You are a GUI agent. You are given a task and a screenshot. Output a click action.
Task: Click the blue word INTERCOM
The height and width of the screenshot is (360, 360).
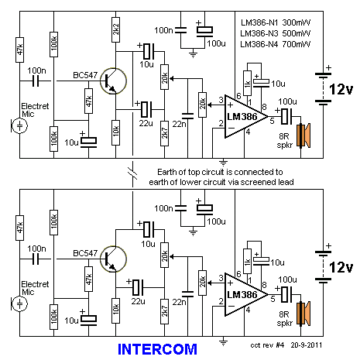pos(157,349)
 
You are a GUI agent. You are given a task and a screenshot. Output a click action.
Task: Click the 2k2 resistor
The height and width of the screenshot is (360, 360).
pos(115,29)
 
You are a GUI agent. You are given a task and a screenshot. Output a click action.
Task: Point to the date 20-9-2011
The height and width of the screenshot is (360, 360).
pos(307,345)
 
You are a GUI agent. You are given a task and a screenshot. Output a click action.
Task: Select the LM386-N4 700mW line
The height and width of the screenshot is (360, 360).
pos(276,44)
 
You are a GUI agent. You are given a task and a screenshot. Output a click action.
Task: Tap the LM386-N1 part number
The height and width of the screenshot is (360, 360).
pos(259,22)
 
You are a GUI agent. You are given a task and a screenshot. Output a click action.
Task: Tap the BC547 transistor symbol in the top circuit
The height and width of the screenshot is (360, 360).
pos(113,81)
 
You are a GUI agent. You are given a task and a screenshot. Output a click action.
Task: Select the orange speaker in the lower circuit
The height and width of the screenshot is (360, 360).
pos(303,314)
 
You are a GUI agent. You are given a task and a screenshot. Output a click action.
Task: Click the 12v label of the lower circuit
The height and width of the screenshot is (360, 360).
pos(341,267)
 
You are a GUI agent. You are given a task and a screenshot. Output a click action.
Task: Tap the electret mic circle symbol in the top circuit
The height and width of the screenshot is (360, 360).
pos(20,126)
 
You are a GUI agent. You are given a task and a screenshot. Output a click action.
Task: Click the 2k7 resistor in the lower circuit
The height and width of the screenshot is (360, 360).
pos(164,311)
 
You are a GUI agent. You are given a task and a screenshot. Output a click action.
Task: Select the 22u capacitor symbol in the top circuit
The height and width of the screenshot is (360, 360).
pos(146,110)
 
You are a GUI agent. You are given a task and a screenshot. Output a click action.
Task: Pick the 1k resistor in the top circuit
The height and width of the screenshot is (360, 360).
pos(247,84)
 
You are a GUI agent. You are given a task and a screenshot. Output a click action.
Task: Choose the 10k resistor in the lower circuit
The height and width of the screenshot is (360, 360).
pos(115,310)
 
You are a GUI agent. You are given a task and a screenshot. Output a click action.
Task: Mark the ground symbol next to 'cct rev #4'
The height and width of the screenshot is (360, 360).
pos(223,341)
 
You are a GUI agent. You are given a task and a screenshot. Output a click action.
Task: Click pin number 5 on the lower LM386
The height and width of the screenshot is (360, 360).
pos(273,299)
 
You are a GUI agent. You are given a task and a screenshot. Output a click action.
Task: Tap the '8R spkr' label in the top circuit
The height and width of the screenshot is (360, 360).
pos(284,140)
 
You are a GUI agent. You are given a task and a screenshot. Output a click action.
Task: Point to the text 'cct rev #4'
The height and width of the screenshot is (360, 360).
pos(267,345)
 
